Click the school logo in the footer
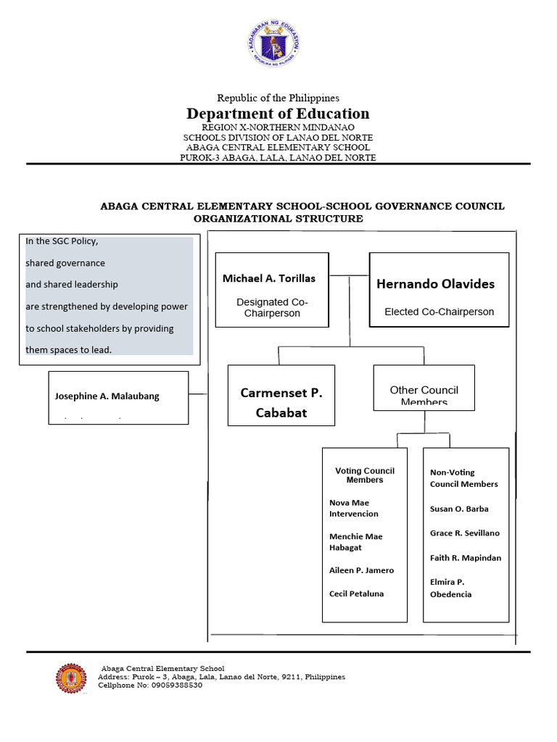[x=71, y=678]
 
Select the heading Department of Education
[x=278, y=113]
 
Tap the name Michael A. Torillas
[x=269, y=278]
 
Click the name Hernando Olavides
[x=435, y=284]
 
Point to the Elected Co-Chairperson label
[x=439, y=312]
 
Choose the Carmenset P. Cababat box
[x=281, y=395]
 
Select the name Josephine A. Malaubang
[x=107, y=396]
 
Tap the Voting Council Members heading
[x=364, y=475]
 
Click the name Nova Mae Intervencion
[x=354, y=508]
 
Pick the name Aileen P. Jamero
[x=361, y=570]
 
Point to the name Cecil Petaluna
[x=356, y=593]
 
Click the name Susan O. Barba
[x=459, y=509]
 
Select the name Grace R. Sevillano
[x=464, y=533]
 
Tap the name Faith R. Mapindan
[x=465, y=557]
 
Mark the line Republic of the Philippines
[x=278, y=98]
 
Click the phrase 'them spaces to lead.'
[x=69, y=349]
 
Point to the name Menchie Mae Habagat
[x=355, y=542]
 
